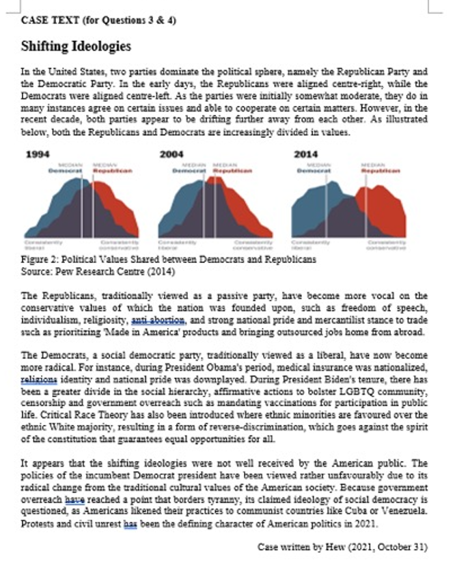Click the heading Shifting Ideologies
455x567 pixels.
coord(76,46)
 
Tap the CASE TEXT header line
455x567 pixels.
coord(98,20)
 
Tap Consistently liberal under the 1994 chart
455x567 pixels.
coord(35,244)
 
